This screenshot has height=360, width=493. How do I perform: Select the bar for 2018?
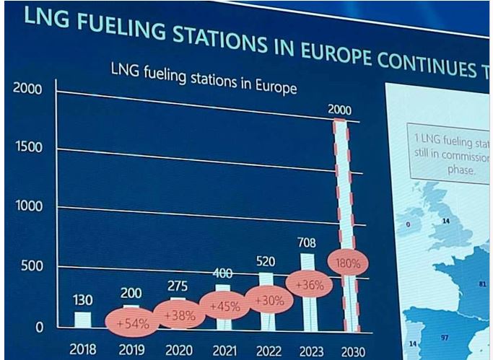83,320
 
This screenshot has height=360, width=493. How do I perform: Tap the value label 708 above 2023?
307,242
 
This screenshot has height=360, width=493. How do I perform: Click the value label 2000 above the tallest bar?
339,110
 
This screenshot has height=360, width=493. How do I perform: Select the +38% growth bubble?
178,315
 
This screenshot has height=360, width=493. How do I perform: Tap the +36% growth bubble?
308,284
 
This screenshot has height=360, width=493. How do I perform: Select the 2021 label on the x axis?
224,350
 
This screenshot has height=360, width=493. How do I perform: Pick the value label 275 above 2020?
178,286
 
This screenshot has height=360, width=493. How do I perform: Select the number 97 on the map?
445,337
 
